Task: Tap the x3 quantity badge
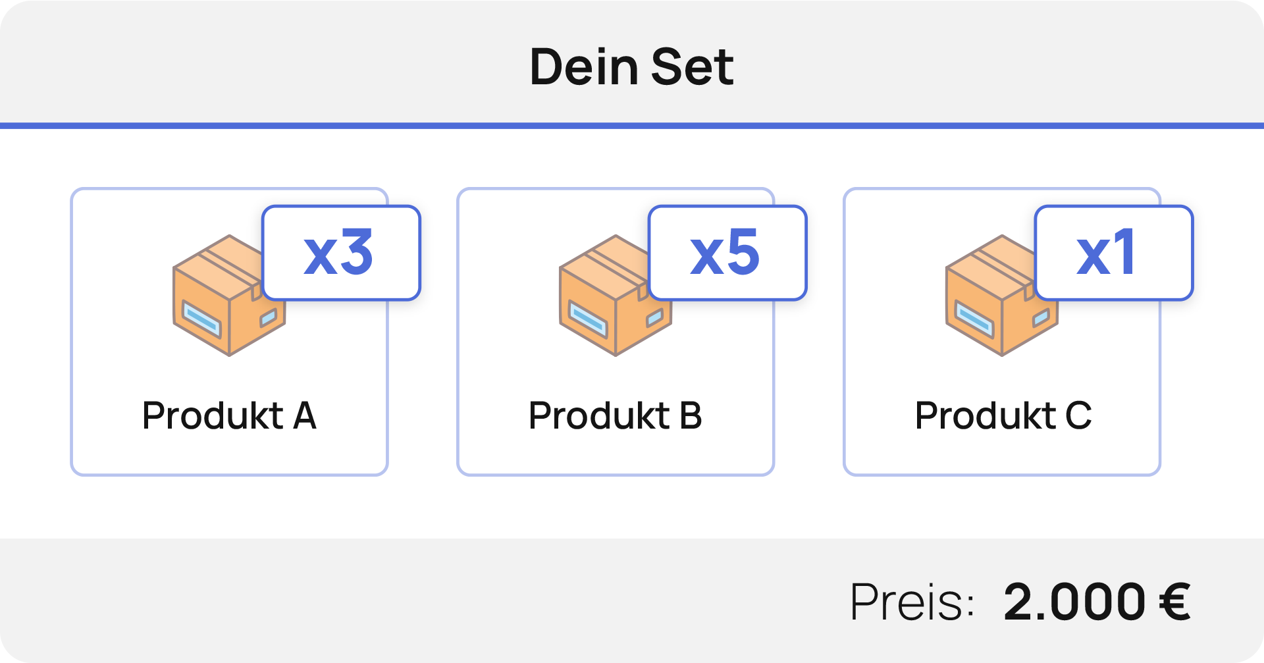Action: [x=340, y=253]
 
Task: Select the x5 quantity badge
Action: [x=727, y=253]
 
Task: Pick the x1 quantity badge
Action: [x=1113, y=253]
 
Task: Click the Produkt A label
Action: [x=229, y=415]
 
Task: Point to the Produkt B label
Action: [x=616, y=415]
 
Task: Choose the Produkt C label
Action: [x=1003, y=415]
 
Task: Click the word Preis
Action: [x=912, y=602]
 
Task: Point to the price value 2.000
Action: [x=1074, y=602]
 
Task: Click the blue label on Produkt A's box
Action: [x=201, y=318]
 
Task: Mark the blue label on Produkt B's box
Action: [x=587, y=318]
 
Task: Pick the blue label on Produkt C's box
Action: [x=974, y=318]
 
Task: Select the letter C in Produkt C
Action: [x=1078, y=415]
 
